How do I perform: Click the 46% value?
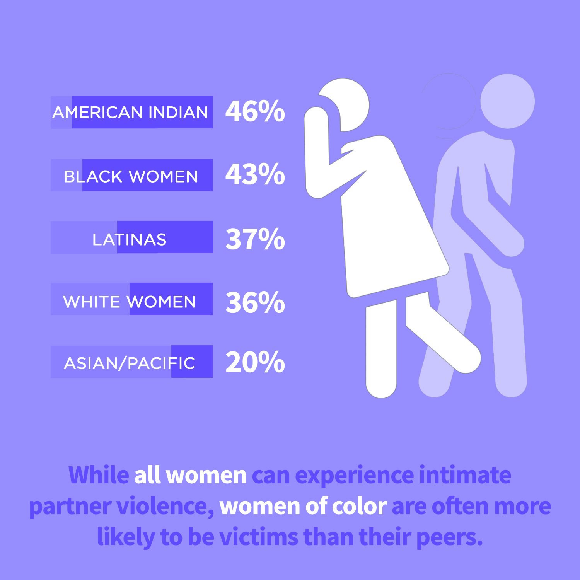coord(255,111)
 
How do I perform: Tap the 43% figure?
coord(255,174)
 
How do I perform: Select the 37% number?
coord(255,239)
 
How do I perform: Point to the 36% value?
coord(255,302)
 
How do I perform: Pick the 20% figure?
coord(255,362)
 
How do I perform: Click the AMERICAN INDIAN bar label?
coord(130,113)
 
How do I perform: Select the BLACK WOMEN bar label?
coord(131,177)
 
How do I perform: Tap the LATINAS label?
coord(129,240)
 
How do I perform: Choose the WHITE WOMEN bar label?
coord(130,302)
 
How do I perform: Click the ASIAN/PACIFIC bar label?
coord(130,363)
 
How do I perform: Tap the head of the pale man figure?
coord(507,101)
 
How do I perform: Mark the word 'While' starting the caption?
coord(99,475)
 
